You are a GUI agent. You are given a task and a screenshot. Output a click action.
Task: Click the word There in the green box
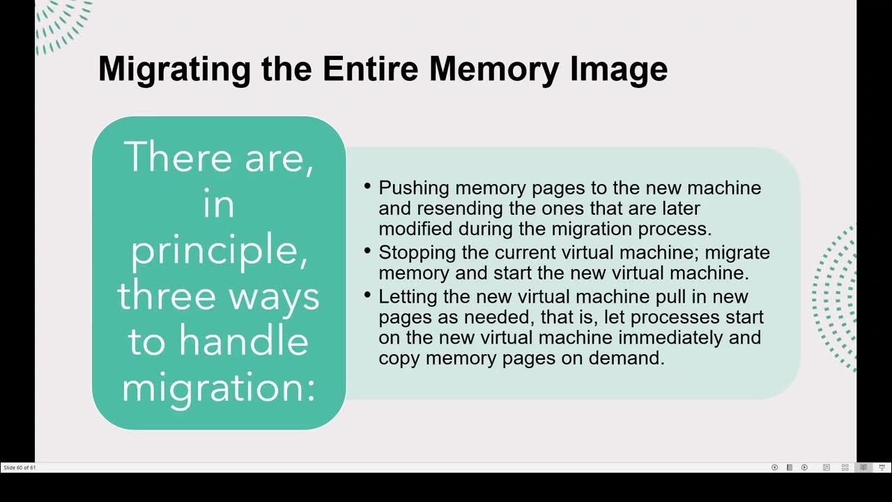[x=178, y=158]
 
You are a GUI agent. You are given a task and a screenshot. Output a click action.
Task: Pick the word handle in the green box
[x=243, y=342]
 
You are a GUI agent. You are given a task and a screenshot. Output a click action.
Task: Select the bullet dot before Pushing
[x=368, y=186]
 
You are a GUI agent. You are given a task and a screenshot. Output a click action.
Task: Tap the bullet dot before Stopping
[x=368, y=250]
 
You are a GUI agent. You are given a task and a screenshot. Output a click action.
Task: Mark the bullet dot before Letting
[x=368, y=295]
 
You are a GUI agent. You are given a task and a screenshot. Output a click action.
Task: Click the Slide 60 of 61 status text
[x=20, y=467]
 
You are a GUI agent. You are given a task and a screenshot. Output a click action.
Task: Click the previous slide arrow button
[x=774, y=467]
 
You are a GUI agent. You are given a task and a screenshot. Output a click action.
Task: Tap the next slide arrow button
[x=804, y=467]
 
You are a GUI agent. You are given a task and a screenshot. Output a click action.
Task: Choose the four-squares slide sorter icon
[x=845, y=467]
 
